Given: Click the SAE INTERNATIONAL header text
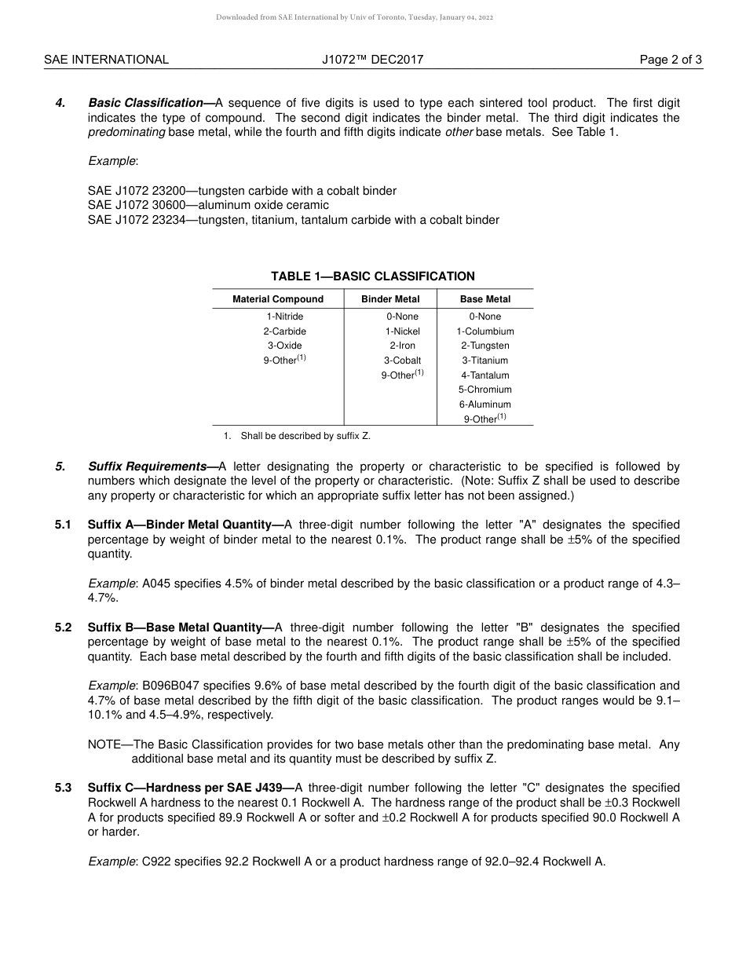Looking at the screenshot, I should [x=106, y=60].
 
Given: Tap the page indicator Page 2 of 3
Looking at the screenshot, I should [x=671, y=60].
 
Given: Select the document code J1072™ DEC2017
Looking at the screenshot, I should [x=372, y=60].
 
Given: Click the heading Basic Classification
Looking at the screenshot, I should [x=146, y=103].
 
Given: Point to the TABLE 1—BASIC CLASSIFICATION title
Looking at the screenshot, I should [x=372, y=276].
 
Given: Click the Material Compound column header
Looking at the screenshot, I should [x=278, y=299].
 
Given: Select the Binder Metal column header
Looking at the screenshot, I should [x=390, y=299].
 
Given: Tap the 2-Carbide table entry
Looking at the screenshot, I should [x=284, y=331].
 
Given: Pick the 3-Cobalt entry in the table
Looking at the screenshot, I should [x=402, y=360].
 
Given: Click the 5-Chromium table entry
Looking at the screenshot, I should [x=485, y=390].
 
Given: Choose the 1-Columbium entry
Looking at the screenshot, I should [x=485, y=331].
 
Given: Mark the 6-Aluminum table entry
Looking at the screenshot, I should [x=485, y=404].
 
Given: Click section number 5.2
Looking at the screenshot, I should [x=64, y=628].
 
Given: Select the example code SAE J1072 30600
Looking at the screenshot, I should [x=134, y=206].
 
